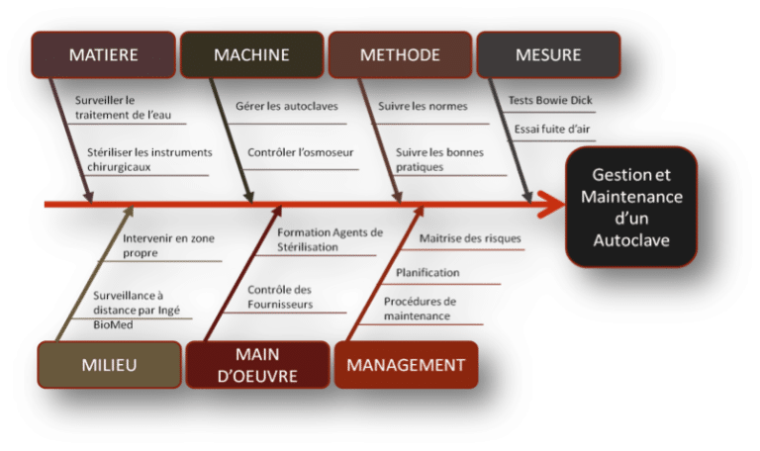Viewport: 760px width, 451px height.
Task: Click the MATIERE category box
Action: [103, 54]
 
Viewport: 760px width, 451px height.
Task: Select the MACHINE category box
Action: [251, 54]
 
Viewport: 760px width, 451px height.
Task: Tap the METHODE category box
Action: [399, 54]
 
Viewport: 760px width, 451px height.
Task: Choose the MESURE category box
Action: [548, 54]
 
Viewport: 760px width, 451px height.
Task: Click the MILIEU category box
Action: [109, 365]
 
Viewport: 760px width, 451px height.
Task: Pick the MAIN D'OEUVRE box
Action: [257, 365]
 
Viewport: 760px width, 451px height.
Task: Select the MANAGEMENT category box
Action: [406, 365]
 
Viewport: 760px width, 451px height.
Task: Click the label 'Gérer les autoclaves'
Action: [272, 105]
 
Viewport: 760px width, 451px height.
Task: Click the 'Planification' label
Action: [427, 272]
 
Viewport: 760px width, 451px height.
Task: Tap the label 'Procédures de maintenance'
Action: [419, 309]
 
